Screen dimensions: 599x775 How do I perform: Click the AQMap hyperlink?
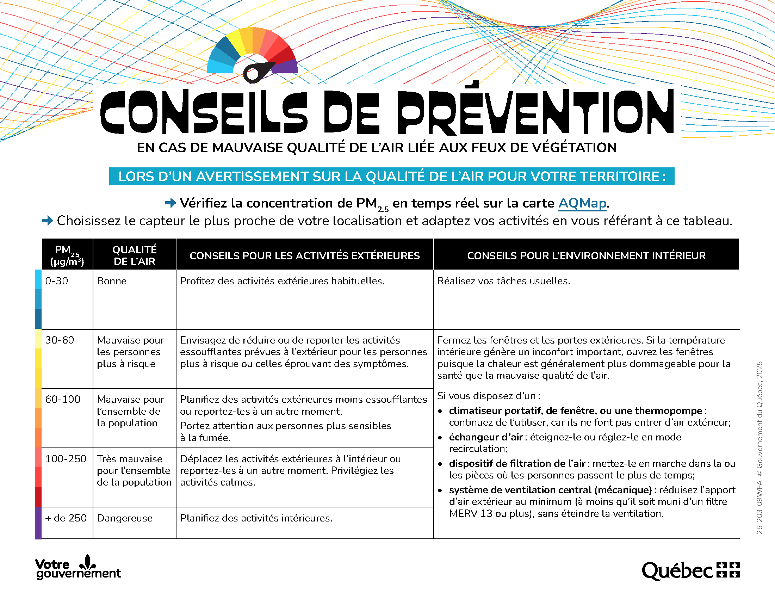tap(582, 203)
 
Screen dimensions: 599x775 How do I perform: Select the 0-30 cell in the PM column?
tap(57, 281)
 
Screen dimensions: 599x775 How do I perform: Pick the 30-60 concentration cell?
tap(60, 340)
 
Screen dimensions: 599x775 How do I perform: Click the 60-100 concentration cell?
tap(63, 400)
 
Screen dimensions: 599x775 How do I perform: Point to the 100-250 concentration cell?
tap(66, 459)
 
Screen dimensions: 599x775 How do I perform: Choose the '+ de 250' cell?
tap(66, 518)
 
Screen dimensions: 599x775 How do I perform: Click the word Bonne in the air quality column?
tap(112, 281)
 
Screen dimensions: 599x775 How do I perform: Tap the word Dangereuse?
tap(125, 518)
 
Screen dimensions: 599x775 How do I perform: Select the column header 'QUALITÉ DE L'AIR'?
tap(135, 255)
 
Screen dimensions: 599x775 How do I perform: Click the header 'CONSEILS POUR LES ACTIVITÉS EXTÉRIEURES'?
tap(304, 255)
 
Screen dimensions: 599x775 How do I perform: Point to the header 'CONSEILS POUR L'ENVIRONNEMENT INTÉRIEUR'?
tap(586, 255)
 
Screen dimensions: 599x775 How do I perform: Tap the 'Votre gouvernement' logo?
tap(78, 568)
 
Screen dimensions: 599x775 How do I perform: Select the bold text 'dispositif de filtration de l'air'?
tap(517, 463)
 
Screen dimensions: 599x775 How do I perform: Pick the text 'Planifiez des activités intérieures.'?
tap(256, 518)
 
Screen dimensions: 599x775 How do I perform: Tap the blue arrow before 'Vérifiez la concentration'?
tap(171, 203)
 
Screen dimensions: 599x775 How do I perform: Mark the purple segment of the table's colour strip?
tap(38, 523)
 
